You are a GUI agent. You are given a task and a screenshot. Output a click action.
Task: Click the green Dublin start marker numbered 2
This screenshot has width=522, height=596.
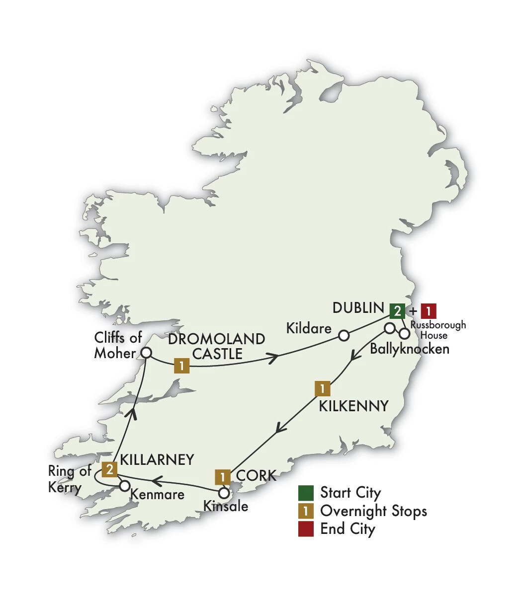pos(397,311)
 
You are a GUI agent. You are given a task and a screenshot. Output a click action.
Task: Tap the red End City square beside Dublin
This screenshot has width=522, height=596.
pos(429,311)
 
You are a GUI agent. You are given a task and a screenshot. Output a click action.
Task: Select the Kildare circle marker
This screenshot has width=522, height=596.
pos(343,336)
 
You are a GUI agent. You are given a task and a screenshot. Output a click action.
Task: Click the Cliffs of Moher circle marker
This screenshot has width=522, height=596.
pos(146,353)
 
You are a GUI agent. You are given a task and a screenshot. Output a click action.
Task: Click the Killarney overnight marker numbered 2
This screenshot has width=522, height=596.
pos(109,469)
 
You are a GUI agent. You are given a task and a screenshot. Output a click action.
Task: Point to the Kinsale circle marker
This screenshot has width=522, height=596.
pos(224,493)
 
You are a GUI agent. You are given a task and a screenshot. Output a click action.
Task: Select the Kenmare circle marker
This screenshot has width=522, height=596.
pos(124,485)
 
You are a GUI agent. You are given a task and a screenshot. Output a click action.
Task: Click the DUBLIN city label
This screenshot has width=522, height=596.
pos(358,308)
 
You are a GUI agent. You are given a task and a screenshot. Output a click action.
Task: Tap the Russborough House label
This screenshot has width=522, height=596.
pos(438,330)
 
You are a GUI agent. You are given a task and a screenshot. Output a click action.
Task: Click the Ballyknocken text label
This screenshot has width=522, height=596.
pos(410,349)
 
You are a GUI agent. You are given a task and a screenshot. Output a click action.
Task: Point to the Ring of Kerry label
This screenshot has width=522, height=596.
pos(70,479)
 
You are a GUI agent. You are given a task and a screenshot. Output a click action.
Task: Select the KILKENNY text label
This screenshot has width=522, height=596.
pos(353,406)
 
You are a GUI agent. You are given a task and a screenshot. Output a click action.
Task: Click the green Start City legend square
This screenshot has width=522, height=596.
pos(306,493)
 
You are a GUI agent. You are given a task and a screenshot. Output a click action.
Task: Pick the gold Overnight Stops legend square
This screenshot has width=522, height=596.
pos(306,511)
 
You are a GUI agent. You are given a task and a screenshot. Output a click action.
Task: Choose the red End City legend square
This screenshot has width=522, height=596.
pos(306,528)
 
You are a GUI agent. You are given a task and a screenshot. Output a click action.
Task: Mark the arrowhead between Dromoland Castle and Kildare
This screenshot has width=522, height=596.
pos(272,357)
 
